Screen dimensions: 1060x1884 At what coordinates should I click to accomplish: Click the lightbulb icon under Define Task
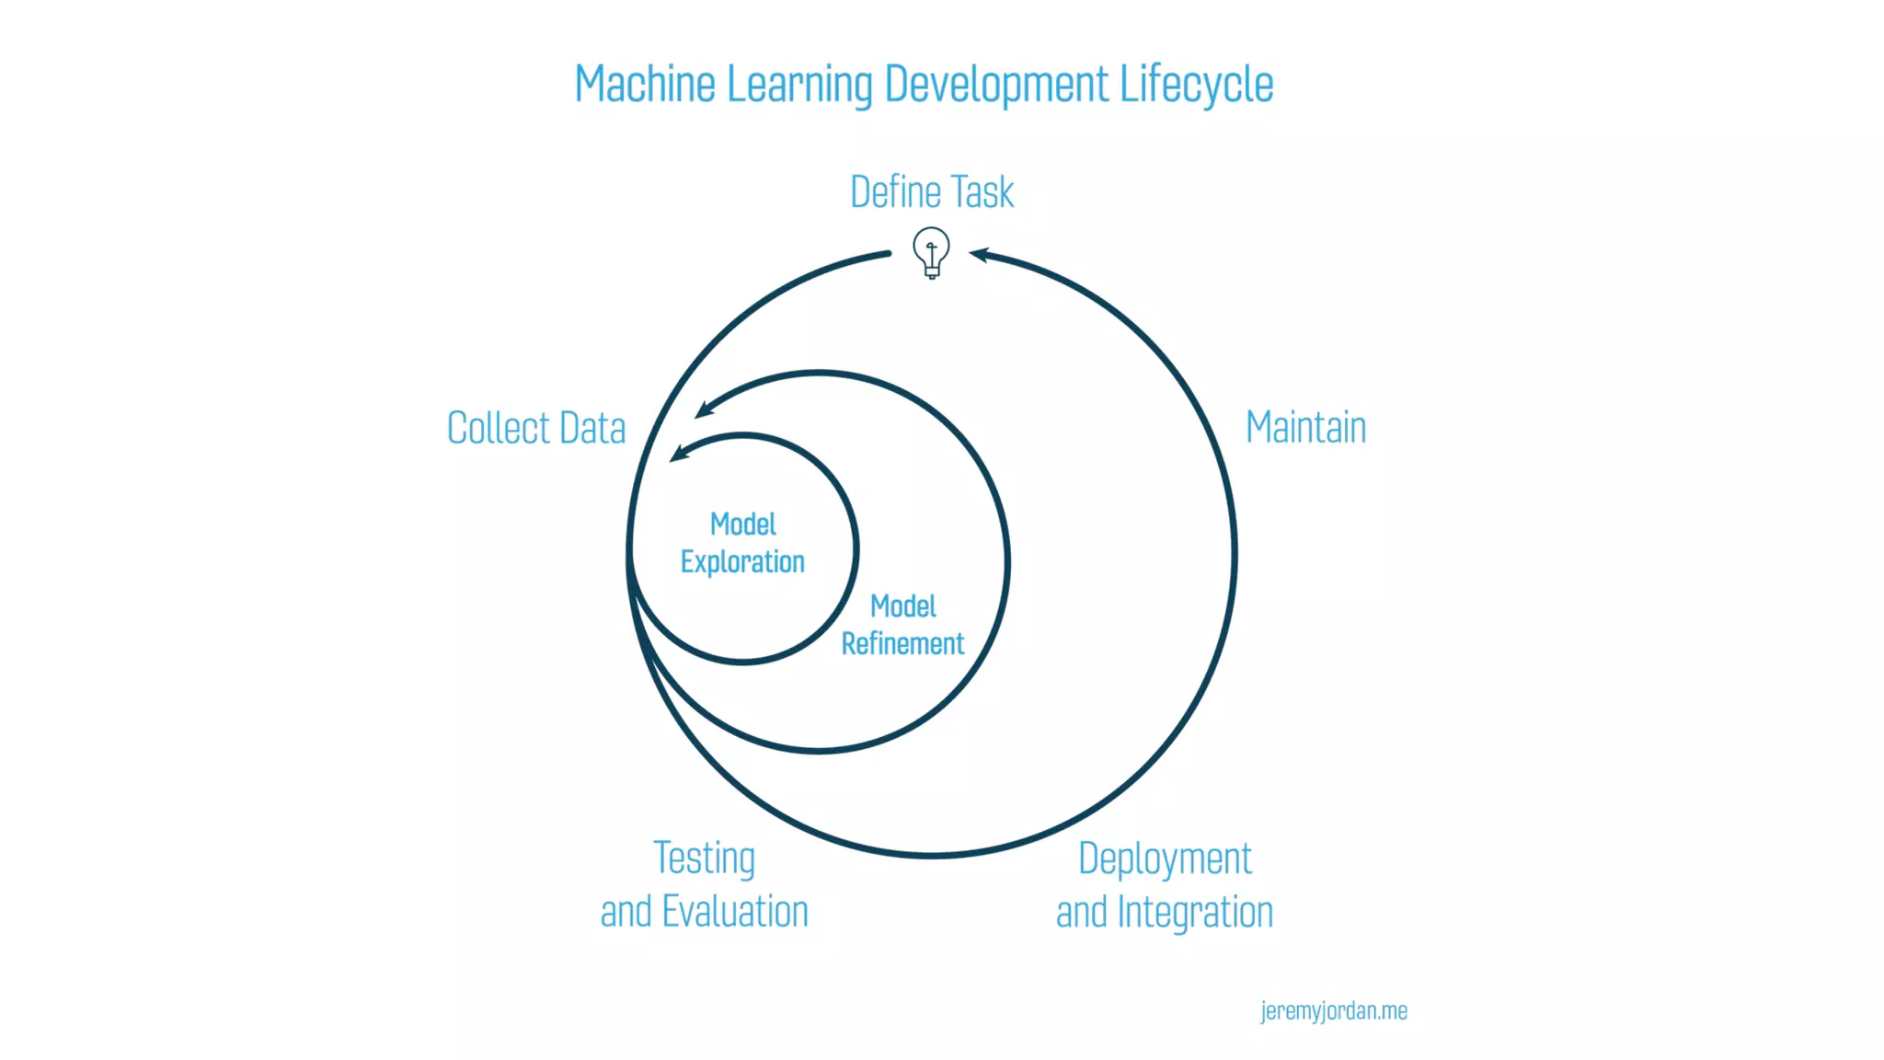[931, 252]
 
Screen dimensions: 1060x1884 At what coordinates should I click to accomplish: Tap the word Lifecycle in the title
[1196, 85]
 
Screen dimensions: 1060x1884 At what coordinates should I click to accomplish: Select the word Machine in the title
[645, 85]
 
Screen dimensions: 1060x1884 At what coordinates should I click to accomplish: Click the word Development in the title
[996, 85]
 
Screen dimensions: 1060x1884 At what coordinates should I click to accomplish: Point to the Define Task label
[931, 192]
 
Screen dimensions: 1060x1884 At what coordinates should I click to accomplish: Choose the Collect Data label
[536, 428]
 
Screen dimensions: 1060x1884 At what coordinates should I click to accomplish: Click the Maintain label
[1305, 427]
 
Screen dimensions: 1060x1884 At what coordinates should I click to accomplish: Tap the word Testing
[705, 858]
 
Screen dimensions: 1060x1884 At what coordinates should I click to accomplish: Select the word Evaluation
[735, 912]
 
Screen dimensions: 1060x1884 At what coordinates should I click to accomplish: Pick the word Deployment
[1165, 859]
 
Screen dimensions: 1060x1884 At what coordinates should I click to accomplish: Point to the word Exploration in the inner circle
[742, 562]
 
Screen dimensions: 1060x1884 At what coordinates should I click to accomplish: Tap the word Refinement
[902, 644]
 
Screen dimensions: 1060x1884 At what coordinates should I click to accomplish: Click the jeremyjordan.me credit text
[1333, 1011]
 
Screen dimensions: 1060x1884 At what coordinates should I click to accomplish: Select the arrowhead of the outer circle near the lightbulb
[979, 254]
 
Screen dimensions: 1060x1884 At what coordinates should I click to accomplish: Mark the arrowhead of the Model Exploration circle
[678, 452]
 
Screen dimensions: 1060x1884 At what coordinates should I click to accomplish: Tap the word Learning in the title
[799, 85]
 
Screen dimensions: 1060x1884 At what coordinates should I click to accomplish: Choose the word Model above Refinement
[903, 606]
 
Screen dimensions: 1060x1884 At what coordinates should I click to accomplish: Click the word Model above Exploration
[742, 524]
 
